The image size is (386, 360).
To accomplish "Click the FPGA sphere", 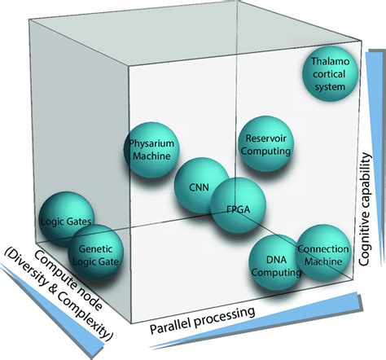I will click(x=230, y=208).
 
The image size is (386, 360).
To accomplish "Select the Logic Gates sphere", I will click(x=64, y=218).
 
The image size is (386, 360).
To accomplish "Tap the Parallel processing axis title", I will click(x=204, y=321).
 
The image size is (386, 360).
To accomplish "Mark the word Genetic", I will click(x=95, y=242).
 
